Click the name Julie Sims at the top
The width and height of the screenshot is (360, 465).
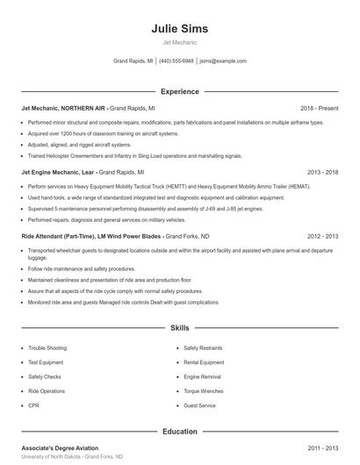[179, 28]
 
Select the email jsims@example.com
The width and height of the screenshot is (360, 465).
[223, 61]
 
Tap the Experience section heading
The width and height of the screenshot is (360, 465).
[179, 91]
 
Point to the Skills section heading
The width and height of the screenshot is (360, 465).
[179, 328]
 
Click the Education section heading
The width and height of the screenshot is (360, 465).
[179, 432]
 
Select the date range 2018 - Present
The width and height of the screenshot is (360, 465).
[319, 109]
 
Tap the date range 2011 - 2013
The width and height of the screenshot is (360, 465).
[322, 448]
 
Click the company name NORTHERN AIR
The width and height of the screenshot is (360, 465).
[82, 109]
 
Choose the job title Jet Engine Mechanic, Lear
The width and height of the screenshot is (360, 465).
[58, 173]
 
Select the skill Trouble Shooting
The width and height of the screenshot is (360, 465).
[47, 348]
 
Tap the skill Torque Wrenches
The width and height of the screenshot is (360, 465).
[203, 391]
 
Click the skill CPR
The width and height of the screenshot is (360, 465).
[33, 405]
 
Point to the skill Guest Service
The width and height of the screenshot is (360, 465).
[199, 405]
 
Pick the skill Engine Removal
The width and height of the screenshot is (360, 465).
[202, 376]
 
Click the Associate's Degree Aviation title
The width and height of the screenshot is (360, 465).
[60, 448]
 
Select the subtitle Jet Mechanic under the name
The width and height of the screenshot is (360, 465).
[179, 42]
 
